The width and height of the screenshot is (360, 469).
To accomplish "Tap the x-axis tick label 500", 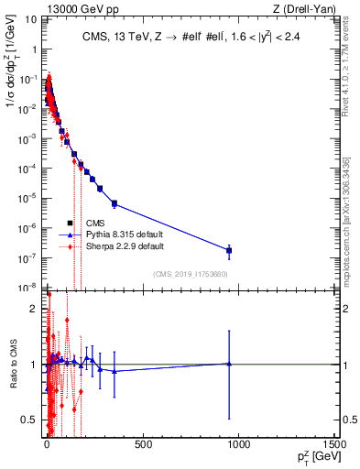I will (x=143, y=444).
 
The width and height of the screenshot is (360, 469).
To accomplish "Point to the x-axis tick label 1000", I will (x=239, y=444).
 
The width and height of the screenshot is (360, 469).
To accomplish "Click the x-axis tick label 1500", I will (x=336, y=444).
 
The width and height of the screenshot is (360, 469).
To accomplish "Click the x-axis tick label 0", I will (x=47, y=444).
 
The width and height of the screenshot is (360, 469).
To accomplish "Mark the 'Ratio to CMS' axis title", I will (x=12, y=364).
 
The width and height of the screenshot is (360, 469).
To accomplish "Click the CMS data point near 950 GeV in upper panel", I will (x=229, y=250).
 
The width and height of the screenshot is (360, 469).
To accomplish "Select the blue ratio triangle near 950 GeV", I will (x=229, y=364).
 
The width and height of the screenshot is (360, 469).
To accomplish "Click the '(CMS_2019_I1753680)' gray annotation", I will (x=190, y=274).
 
